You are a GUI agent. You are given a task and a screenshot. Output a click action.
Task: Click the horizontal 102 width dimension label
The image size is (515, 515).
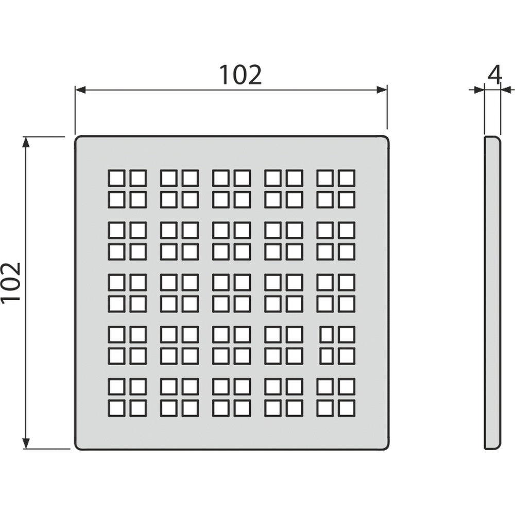click(241, 75)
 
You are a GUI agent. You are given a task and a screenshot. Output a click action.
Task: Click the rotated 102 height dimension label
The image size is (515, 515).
click(11, 282)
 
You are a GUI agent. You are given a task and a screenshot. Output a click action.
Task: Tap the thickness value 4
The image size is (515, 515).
click(494, 75)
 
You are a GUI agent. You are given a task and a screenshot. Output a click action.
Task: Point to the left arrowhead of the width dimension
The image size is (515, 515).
click(80, 90)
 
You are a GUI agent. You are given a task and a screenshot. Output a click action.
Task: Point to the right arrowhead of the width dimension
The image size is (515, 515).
click(382, 90)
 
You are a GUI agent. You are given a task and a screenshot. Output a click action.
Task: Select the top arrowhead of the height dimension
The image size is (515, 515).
click(26, 142)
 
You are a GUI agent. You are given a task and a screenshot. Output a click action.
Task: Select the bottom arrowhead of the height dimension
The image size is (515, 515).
click(26, 443)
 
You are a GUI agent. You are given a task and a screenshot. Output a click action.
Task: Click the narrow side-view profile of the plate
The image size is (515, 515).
click(492, 293)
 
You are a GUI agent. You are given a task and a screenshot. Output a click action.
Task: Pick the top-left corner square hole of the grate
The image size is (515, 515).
click(116, 178)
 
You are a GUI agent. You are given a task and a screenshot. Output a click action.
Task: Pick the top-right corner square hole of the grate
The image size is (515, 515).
click(347, 178)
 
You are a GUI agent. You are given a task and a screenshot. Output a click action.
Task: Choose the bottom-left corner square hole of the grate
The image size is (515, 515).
click(116, 408)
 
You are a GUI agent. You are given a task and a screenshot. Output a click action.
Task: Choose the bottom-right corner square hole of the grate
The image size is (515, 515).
click(347, 408)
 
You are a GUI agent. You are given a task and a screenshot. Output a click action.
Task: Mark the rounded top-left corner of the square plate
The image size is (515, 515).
click(78, 139)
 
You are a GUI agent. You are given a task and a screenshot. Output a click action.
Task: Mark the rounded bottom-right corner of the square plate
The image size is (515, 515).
click(386, 447)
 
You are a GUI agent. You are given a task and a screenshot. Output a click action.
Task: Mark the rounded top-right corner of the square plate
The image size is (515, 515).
click(386, 139)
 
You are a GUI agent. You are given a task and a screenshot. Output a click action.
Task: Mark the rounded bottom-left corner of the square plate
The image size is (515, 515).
click(78, 447)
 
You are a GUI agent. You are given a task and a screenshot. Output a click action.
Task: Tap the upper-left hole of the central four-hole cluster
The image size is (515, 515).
click(220, 282)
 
